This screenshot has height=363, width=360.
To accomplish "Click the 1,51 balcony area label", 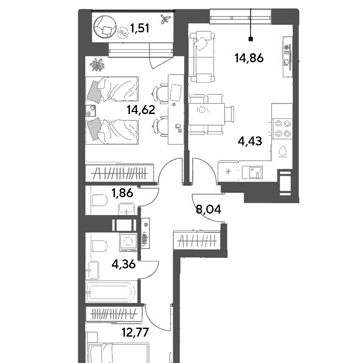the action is (139, 28).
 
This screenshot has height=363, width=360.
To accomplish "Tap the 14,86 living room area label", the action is (249, 58).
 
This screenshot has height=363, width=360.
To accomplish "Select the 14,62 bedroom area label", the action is (141, 110).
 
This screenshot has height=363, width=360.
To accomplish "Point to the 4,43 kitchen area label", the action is (250, 141).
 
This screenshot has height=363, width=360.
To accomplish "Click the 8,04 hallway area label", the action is (208, 210).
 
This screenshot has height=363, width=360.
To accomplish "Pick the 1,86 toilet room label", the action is (122, 193).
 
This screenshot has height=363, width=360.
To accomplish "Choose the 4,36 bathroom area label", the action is (123, 264).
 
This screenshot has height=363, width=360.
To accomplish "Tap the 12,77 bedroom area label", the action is (135, 333).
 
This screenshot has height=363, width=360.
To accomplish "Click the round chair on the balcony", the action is (105, 26).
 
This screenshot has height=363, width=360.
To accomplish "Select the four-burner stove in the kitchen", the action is (283, 128).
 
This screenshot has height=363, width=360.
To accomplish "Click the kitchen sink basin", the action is (252, 173).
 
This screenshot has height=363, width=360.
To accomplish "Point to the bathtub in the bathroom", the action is (111, 292).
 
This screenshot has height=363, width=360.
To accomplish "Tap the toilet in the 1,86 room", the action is (99, 200).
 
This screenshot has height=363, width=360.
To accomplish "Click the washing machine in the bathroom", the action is (128, 242).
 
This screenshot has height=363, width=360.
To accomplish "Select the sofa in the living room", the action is (201, 57).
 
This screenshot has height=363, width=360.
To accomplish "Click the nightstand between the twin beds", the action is (91, 111).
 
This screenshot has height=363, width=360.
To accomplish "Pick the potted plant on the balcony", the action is (166, 19).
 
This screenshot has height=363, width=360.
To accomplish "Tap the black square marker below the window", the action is (250, 39).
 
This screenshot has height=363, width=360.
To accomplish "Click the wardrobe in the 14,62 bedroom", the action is (120, 173).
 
